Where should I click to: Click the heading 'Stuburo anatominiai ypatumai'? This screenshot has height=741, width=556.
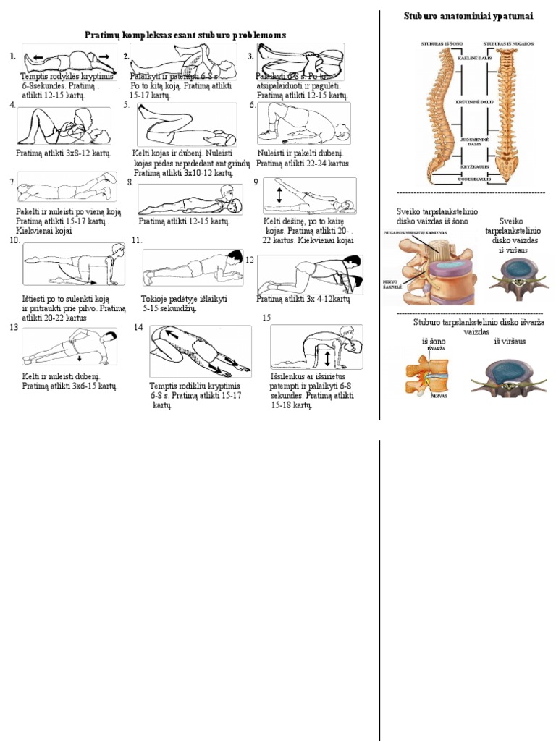click(x=468, y=16)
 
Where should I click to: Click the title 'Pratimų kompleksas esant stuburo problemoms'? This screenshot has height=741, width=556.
click(x=185, y=35)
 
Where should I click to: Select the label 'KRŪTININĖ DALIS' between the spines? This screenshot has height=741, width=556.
click(x=474, y=102)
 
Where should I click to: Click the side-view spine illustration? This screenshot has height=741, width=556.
click(x=439, y=112)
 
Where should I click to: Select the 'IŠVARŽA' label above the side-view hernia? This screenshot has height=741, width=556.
click(x=436, y=349)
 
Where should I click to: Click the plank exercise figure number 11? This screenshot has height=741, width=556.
click(x=193, y=268)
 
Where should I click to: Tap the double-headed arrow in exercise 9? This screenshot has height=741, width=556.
click(x=278, y=196)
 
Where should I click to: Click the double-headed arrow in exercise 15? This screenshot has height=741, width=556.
click(x=327, y=358)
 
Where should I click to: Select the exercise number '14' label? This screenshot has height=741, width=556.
click(x=139, y=328)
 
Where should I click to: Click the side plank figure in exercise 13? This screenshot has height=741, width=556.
click(x=69, y=347)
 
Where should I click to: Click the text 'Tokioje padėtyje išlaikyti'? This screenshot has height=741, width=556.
click(x=184, y=298)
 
